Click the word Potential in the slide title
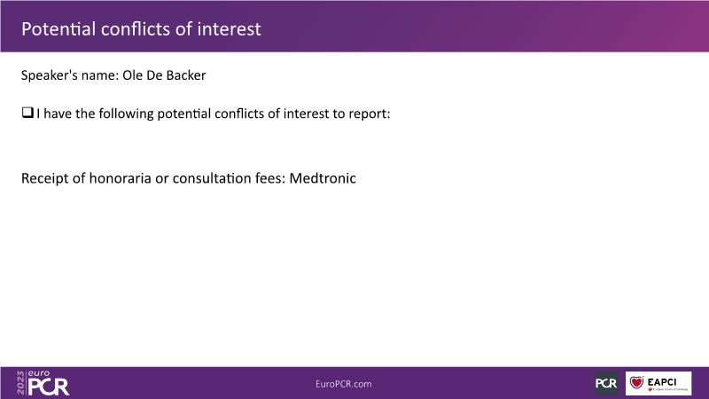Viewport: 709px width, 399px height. [x=58, y=29]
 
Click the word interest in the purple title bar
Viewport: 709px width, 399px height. [x=229, y=29]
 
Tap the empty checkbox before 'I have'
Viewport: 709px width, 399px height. [x=27, y=113]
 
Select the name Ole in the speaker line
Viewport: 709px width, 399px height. [x=132, y=75]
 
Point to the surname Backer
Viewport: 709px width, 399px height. [x=186, y=75]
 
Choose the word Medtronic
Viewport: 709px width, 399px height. [x=323, y=178]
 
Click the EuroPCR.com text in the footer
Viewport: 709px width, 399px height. [x=344, y=384]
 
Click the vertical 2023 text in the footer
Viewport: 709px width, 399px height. [x=20, y=383]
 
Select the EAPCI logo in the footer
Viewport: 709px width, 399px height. [x=658, y=383]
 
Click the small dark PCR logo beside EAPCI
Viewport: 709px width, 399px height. [x=606, y=383]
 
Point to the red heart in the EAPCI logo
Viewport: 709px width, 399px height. [x=636, y=382]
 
